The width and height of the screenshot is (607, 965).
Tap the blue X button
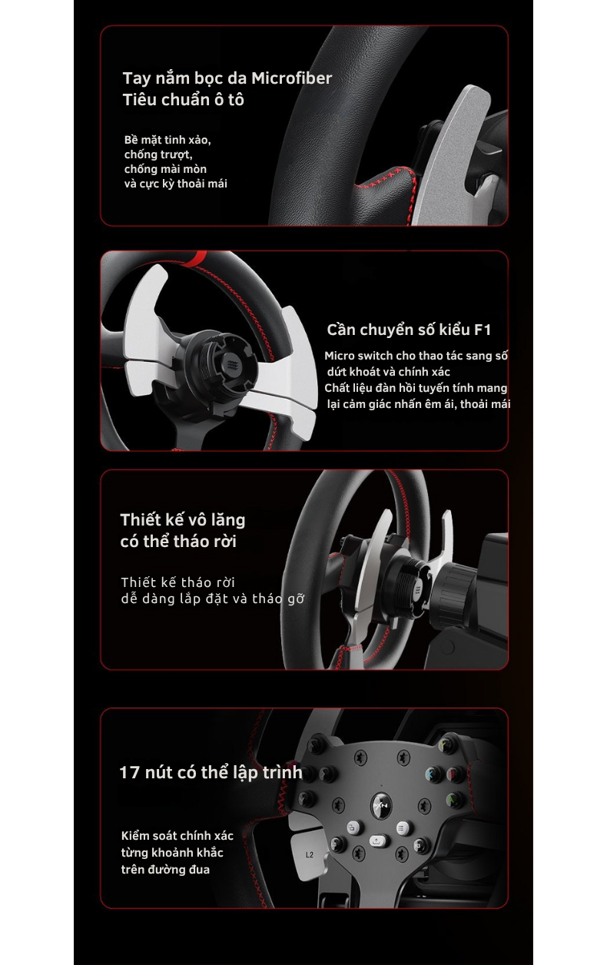point(431,774)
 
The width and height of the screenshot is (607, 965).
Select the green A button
point(452,800)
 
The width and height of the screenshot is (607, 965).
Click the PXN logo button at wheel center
point(381,804)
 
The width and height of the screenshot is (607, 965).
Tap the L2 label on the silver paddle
point(310,854)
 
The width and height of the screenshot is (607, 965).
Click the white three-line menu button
point(402,827)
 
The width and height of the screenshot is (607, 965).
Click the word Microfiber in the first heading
point(292,78)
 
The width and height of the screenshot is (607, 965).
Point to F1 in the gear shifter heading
point(483,330)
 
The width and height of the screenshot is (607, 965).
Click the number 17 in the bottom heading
point(129,772)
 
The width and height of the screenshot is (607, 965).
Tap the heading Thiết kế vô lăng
point(183,520)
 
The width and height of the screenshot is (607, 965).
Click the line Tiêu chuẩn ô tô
point(184,100)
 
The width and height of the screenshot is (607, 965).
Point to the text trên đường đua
point(165,870)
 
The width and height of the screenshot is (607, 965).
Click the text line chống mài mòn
point(165,169)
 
